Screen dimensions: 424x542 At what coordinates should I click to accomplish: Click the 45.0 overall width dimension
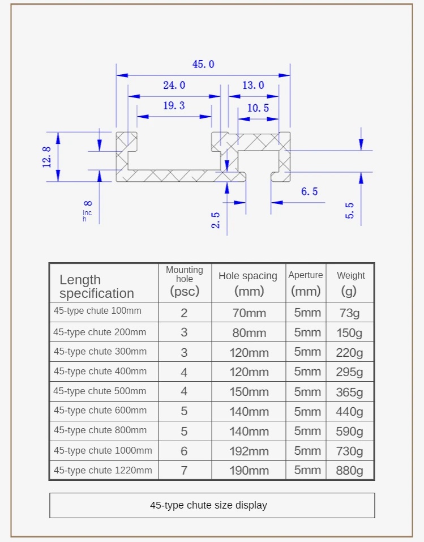click(203, 65)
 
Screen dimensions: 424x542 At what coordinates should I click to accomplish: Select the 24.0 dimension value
click(174, 86)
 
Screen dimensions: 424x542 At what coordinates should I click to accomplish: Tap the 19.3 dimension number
click(174, 106)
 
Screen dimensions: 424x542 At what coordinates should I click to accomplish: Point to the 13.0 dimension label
click(253, 86)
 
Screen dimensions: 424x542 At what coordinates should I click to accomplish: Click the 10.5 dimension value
click(258, 108)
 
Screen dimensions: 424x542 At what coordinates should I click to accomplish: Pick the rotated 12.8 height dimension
click(47, 157)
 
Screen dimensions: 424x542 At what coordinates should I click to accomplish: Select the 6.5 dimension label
click(309, 192)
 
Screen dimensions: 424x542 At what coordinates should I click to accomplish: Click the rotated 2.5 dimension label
click(216, 220)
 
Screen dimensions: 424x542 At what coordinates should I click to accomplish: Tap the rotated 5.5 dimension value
click(350, 211)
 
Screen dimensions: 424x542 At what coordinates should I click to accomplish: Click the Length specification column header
click(97, 287)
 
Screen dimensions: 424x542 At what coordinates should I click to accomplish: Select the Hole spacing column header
click(248, 283)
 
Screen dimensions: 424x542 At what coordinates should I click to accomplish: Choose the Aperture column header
click(306, 283)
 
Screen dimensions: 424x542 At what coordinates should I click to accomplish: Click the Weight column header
click(351, 283)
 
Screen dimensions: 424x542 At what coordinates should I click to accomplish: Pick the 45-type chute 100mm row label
click(97, 311)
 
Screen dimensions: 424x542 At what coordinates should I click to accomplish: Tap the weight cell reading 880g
click(349, 471)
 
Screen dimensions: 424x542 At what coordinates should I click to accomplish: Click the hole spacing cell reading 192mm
click(249, 451)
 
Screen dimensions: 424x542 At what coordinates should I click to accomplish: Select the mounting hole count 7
click(184, 471)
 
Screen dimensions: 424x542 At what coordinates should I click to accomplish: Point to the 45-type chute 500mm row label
click(100, 391)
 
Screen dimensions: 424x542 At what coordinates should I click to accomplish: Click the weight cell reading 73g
click(349, 313)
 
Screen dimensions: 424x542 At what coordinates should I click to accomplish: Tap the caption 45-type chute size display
click(208, 505)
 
